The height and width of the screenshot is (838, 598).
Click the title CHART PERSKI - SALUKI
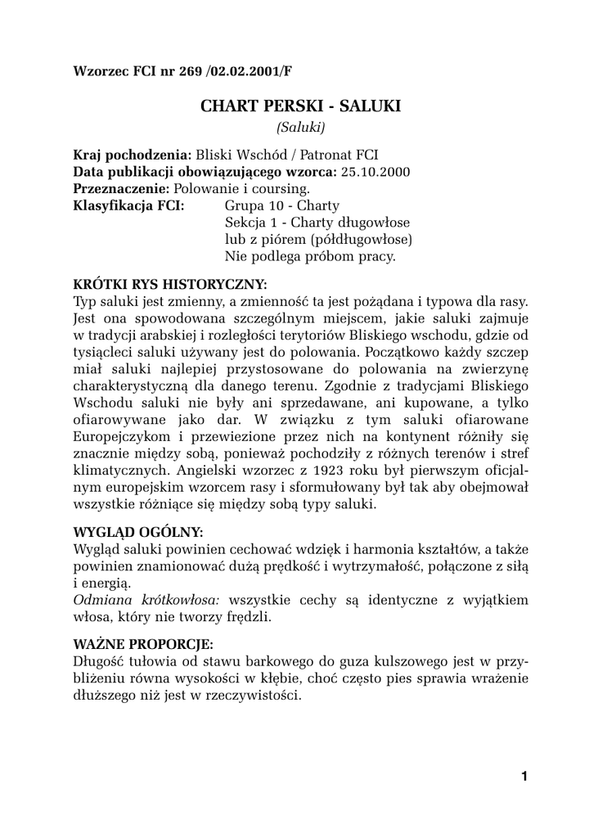point(300,106)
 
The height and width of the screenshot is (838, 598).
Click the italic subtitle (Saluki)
point(300,128)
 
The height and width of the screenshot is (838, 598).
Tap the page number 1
point(524,777)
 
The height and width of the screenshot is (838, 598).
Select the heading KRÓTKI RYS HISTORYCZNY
point(170,285)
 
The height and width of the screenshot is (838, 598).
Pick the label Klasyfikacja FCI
point(128,205)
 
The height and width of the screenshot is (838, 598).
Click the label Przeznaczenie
point(123,188)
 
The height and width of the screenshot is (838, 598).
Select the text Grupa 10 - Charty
point(281,205)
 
